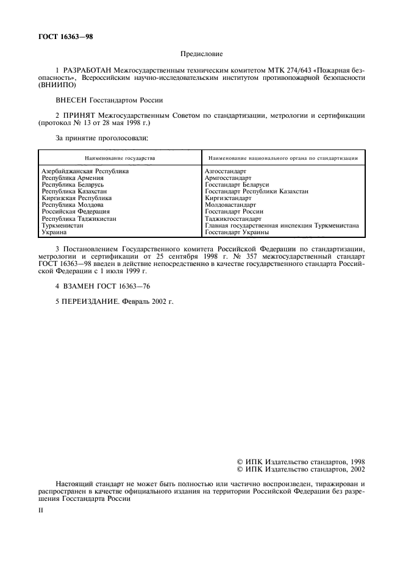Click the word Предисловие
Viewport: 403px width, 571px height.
point(201,54)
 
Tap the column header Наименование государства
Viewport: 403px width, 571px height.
point(119,157)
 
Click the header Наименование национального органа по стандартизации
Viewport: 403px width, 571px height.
point(282,157)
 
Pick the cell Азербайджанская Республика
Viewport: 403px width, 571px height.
point(85,172)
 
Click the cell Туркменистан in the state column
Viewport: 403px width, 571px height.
point(62,225)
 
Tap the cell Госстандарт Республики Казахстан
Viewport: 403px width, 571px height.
point(257,191)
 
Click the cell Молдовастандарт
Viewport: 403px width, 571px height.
point(231,205)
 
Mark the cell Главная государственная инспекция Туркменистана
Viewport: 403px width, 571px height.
point(282,225)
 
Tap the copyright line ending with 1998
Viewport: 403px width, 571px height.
point(301,462)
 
